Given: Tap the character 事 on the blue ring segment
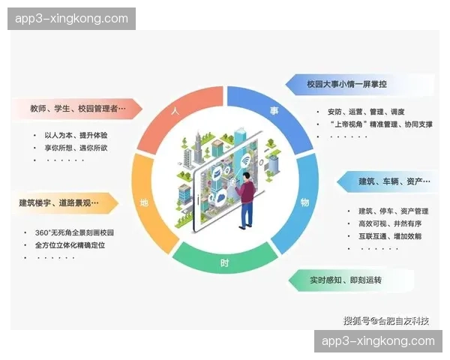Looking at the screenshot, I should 274,110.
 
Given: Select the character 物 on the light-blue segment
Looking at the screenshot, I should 304,202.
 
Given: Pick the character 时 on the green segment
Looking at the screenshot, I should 225,263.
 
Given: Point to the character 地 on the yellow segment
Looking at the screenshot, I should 144,203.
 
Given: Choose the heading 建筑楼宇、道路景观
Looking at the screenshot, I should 59,202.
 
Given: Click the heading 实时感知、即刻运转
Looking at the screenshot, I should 346,280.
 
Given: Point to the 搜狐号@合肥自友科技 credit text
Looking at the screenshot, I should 385,320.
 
